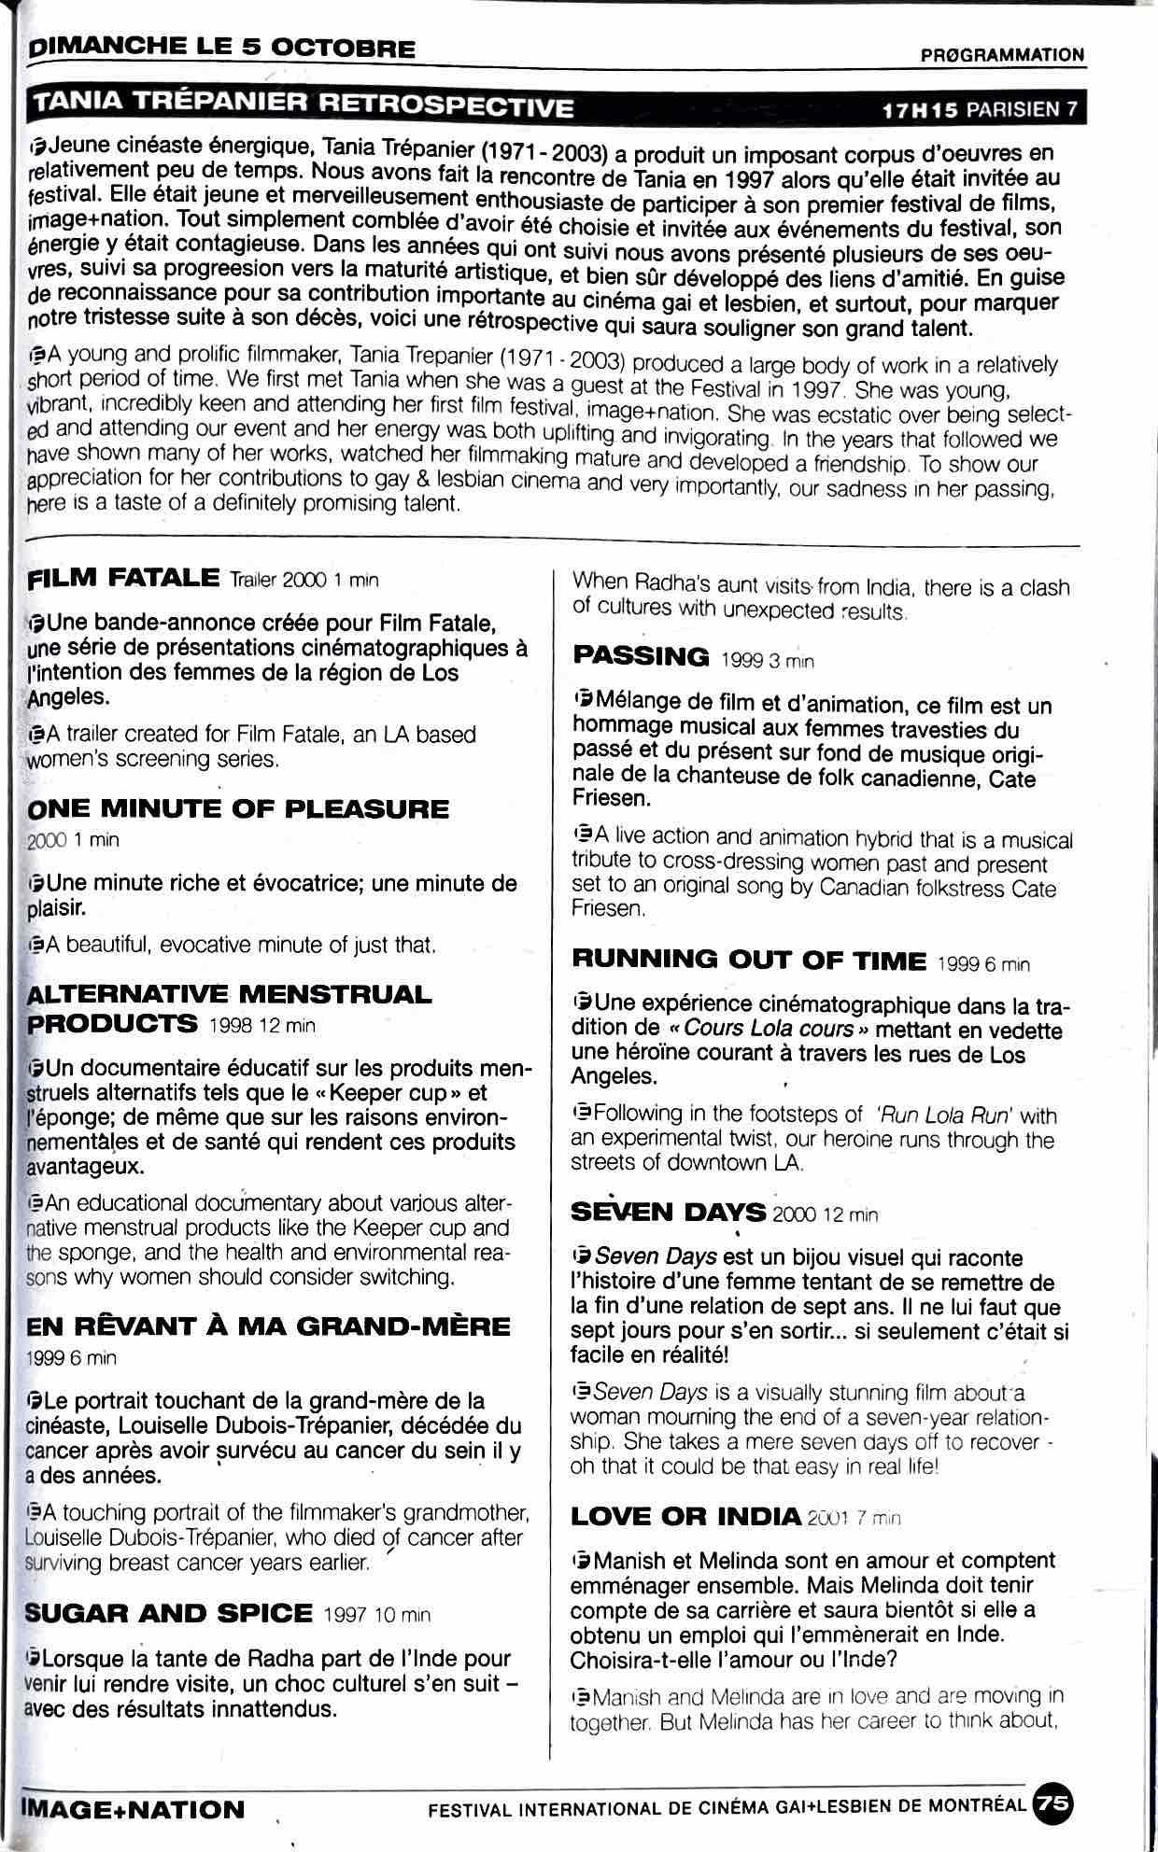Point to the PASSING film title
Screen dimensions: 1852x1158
pyautogui.click(x=641, y=656)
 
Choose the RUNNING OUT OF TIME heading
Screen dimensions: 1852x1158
pyautogui.click(x=749, y=960)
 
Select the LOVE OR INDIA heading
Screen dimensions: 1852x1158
pyautogui.click(x=685, y=1515)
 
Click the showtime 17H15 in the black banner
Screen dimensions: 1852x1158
pyautogui.click(x=921, y=109)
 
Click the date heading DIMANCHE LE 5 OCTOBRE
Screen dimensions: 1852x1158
pyautogui.click(x=222, y=49)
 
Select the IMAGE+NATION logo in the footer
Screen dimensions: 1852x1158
pyautogui.click(x=131, y=1809)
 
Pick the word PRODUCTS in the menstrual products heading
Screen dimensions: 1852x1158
pyautogui.click(x=112, y=1023)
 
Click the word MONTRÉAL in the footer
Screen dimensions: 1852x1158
pyautogui.click(x=981, y=1804)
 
